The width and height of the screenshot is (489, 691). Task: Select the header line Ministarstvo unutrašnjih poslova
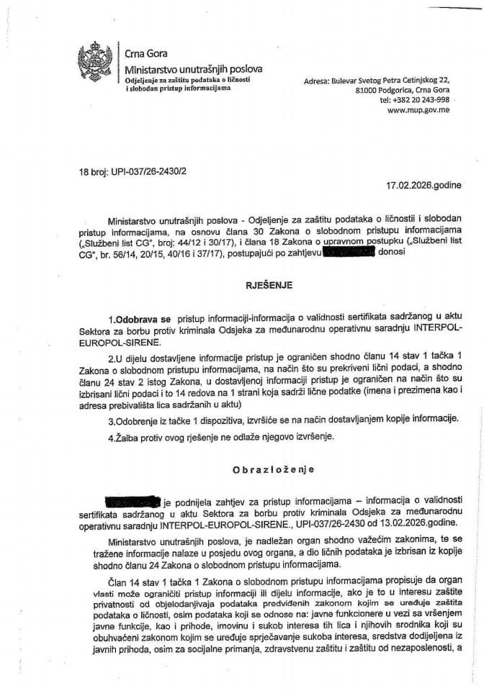tap(193, 68)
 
